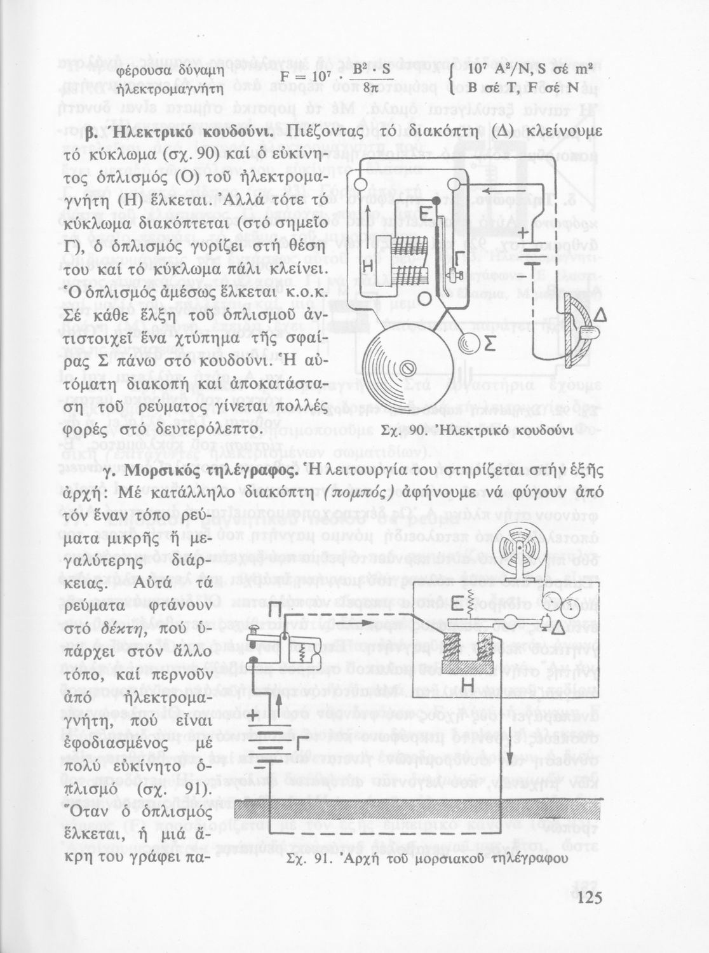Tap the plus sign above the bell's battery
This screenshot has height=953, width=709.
point(522,234)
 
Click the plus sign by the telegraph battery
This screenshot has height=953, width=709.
point(253,717)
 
